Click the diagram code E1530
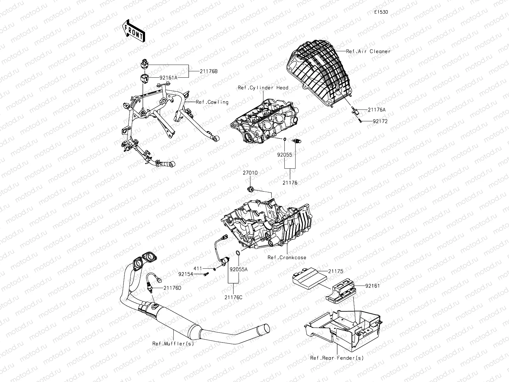point(381,12)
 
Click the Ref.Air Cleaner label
point(368,51)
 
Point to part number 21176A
point(376,110)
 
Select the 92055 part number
point(284,155)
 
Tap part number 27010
point(250,173)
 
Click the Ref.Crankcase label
point(287,258)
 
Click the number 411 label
point(198,269)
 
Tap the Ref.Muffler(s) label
point(173,343)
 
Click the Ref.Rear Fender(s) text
point(337,358)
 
